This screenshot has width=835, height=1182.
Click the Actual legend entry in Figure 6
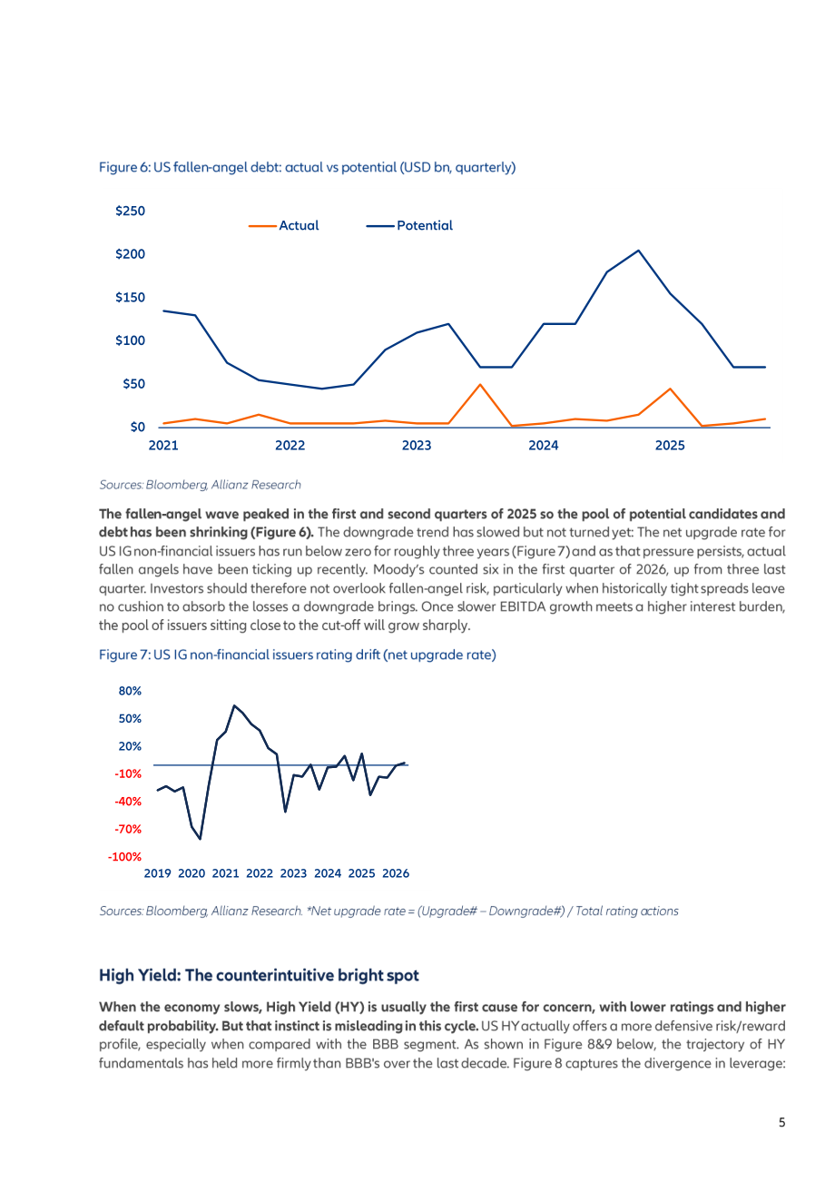pyautogui.click(x=284, y=226)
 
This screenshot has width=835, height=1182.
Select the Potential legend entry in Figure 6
pyautogui.click(x=409, y=226)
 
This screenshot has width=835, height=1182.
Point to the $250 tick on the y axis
pyautogui.click(x=130, y=211)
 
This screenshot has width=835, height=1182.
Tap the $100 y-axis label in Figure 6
pyautogui.click(x=130, y=340)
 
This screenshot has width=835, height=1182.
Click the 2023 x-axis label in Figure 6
pyautogui.click(x=417, y=446)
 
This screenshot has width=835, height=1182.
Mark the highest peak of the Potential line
pyautogui.click(x=639, y=251)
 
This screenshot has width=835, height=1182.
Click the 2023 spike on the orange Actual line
pyautogui.click(x=480, y=385)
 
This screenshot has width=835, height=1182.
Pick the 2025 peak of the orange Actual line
pyautogui.click(x=670, y=389)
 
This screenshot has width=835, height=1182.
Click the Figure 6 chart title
pyautogui.click(x=307, y=168)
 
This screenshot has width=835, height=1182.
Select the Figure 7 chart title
pyautogui.click(x=298, y=655)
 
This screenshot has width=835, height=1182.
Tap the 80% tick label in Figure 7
pyautogui.click(x=130, y=691)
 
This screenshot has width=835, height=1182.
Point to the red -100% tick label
pyautogui.click(x=124, y=857)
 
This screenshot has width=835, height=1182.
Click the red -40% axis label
pyautogui.click(x=128, y=802)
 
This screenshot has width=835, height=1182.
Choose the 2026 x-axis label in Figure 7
pyautogui.click(x=396, y=874)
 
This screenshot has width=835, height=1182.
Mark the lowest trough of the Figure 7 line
pyautogui.click(x=200, y=839)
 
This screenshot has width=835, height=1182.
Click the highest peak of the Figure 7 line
pyautogui.click(x=234, y=705)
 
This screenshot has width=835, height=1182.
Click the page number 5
pyautogui.click(x=781, y=1122)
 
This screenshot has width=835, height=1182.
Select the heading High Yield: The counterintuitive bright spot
pyautogui.click(x=259, y=976)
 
